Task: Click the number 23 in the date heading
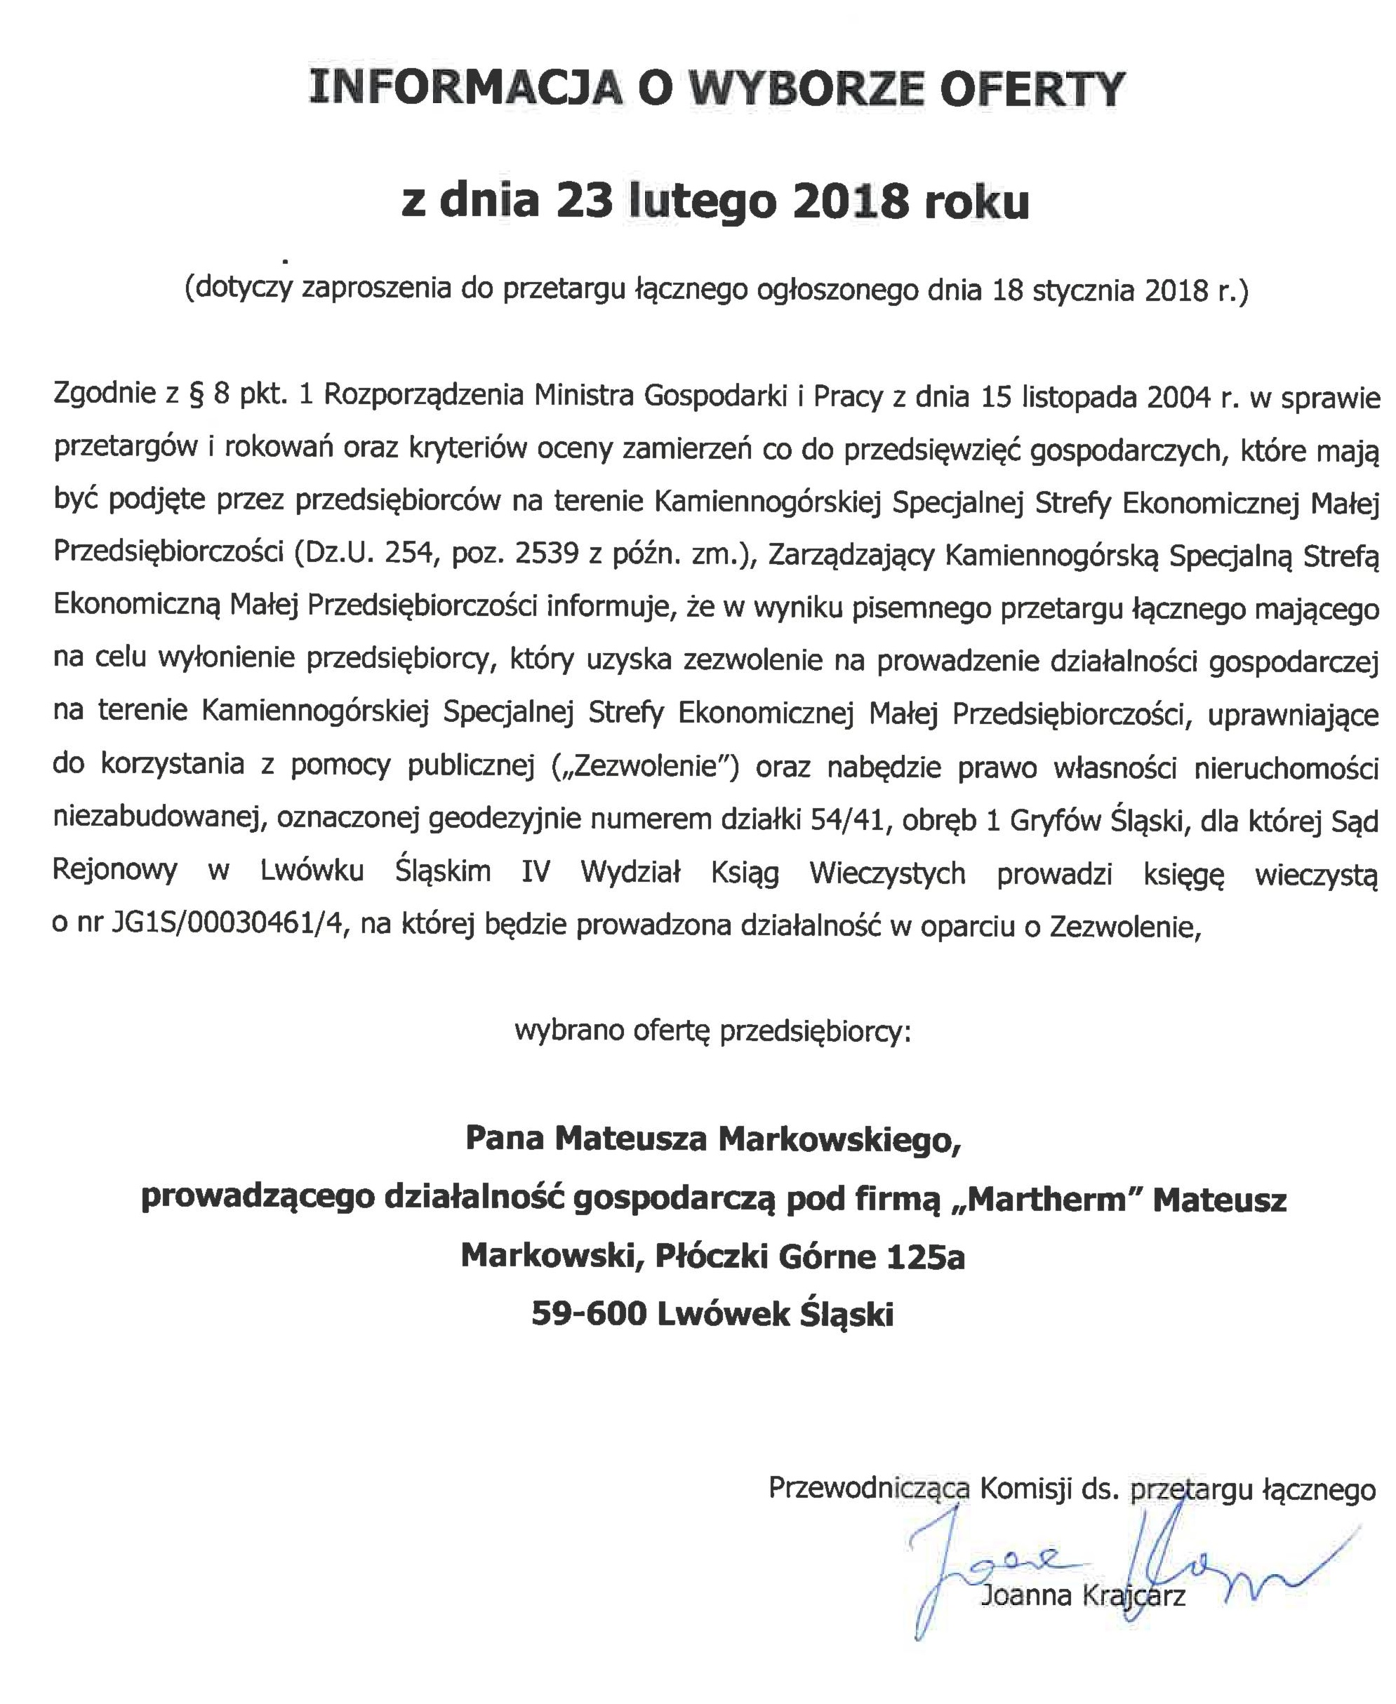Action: tap(586, 201)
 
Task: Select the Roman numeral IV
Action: tap(535, 873)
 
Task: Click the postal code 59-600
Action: tap(589, 1314)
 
